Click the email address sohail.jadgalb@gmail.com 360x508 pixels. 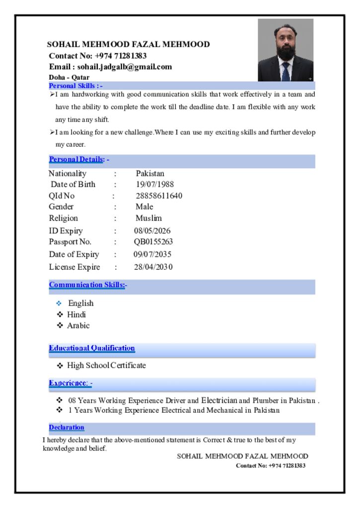pyautogui.click(x=125, y=67)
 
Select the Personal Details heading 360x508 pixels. pyautogui.click(x=76, y=159)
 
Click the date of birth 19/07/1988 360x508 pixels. pyautogui.click(x=155, y=185)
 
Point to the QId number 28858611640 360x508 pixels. pyautogui.click(x=159, y=196)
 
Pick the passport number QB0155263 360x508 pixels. pyautogui.click(x=153, y=242)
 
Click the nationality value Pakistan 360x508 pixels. pyautogui.click(x=150, y=174)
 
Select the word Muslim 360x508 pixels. pyautogui.click(x=149, y=218)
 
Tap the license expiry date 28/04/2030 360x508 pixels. pyautogui.click(x=153, y=267)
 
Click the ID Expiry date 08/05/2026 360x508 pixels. pyautogui.click(x=152, y=231)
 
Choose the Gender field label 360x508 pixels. pyautogui.click(x=61, y=207)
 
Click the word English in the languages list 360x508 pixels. pyautogui.click(x=81, y=303)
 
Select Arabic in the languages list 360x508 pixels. pyautogui.click(x=78, y=326)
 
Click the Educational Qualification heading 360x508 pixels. pyautogui.click(x=92, y=348)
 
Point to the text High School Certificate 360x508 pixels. pyautogui.click(x=107, y=366)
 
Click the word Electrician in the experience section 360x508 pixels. pyautogui.click(x=219, y=400)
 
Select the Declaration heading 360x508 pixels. pyautogui.click(x=67, y=427)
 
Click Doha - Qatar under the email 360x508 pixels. pyautogui.click(x=69, y=77)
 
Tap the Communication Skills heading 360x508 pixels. pyautogui.click(x=87, y=285)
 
